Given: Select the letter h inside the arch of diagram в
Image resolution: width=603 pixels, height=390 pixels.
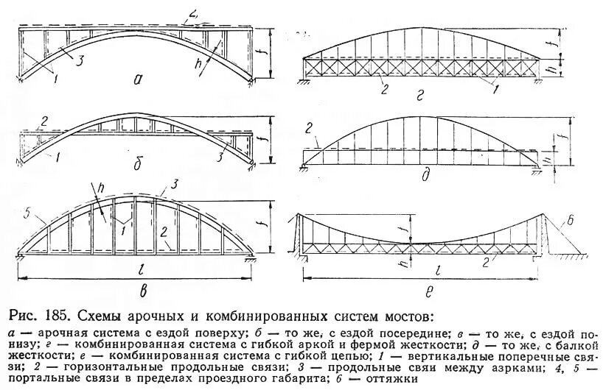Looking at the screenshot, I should point(97,203).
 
